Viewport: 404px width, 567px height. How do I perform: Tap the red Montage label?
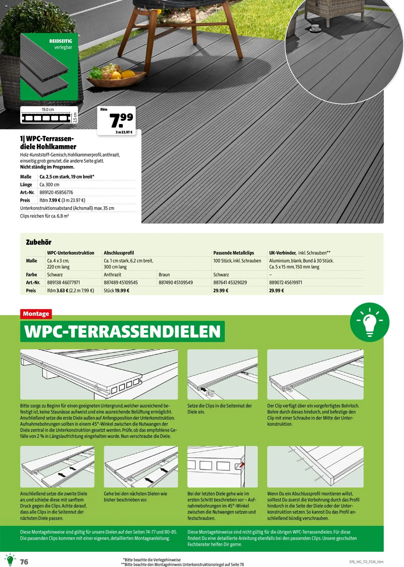coord(36,314)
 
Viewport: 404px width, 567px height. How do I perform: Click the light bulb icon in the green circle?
coord(369,322)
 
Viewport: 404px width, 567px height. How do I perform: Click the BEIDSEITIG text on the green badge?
coord(60,41)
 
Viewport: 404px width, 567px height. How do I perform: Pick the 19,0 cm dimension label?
coord(48,110)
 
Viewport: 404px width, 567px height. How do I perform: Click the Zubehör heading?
coord(39,242)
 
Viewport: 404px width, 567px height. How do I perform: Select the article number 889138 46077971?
coord(63,282)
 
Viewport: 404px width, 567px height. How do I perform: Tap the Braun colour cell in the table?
coord(164,274)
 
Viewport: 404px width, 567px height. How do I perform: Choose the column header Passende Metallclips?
coord(234,253)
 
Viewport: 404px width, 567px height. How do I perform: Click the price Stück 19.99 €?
coord(117,290)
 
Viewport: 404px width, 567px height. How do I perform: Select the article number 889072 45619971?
coord(285,282)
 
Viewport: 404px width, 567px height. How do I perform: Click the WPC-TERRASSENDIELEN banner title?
coord(122,331)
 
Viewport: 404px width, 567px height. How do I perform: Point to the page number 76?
coord(24,562)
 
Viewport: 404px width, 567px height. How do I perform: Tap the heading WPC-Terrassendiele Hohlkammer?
coord(48,142)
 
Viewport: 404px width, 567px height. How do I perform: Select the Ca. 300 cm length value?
coord(50,184)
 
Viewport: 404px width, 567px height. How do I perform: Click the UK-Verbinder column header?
coord(283,253)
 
